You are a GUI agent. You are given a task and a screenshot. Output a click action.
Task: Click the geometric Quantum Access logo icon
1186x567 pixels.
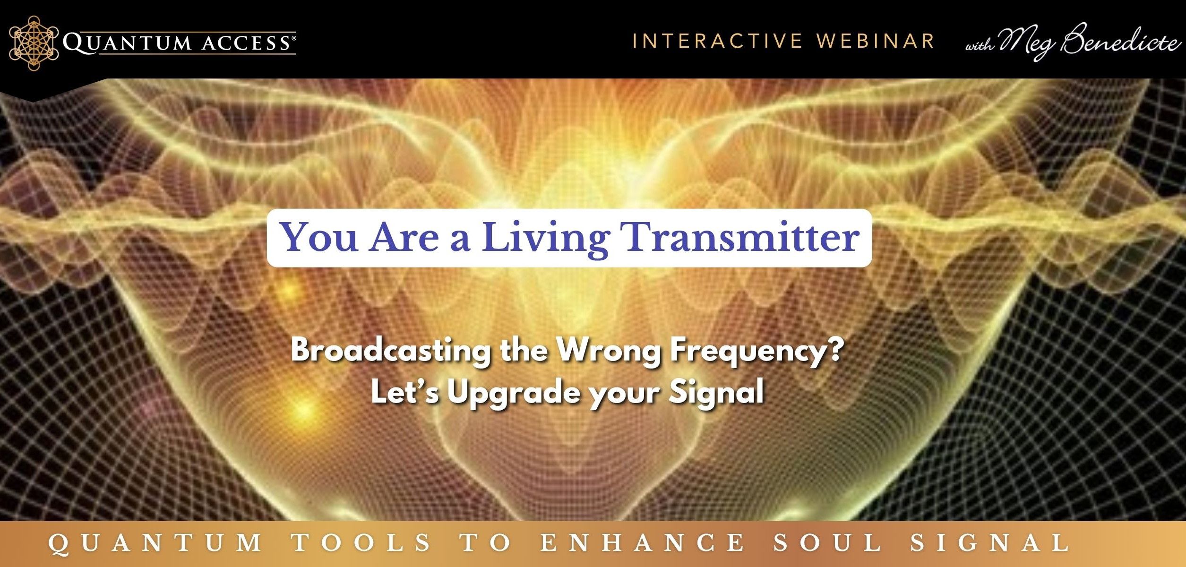point(34,43)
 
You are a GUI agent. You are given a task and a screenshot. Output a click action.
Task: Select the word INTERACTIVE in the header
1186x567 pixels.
point(718,41)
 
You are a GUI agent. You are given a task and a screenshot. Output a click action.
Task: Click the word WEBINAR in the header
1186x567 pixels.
point(876,41)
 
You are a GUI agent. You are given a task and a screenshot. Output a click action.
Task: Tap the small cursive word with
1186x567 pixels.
point(980,46)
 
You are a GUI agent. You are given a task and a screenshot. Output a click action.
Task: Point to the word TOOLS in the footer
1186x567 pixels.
point(361,542)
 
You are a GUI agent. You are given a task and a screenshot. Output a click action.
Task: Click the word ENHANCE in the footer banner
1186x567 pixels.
point(642,542)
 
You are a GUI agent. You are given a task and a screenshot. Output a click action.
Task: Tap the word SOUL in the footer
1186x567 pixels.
point(827,542)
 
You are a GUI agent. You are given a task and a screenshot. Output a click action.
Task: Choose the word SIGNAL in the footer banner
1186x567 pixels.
point(990,542)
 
